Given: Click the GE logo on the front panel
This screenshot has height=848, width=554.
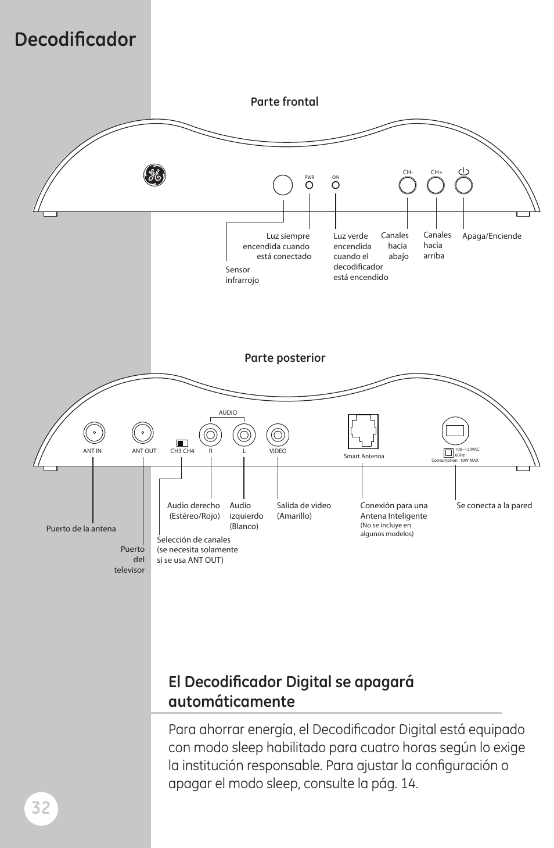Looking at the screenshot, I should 154,175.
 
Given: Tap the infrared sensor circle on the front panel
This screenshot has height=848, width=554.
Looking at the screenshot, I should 283,185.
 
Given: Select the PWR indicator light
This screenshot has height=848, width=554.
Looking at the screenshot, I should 310,185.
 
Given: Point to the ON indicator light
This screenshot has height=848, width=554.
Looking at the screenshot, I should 335,185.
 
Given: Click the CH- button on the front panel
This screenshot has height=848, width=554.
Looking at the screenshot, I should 408,185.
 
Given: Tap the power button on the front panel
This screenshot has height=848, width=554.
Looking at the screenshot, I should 463,185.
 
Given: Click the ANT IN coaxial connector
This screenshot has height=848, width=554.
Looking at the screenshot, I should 93,433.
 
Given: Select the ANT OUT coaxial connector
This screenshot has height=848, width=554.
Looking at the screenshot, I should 143,433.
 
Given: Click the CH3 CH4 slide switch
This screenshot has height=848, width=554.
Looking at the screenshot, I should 182,443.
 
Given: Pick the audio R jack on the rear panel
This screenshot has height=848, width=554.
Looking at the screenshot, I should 210,434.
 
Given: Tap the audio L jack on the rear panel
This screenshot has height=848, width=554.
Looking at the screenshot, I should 244,434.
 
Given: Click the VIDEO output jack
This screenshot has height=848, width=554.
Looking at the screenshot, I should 278,434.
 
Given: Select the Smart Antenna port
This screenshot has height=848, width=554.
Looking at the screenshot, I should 364,431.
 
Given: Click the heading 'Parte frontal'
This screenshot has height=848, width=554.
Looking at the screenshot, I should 285,102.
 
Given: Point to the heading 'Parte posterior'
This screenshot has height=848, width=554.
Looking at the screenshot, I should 285,358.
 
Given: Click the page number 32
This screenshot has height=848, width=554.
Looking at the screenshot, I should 41,808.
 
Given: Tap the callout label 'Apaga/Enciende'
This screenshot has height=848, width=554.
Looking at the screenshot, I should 491,236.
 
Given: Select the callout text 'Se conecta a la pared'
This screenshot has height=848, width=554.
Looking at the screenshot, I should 494,506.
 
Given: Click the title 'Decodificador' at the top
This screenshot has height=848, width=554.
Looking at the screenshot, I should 75,39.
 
